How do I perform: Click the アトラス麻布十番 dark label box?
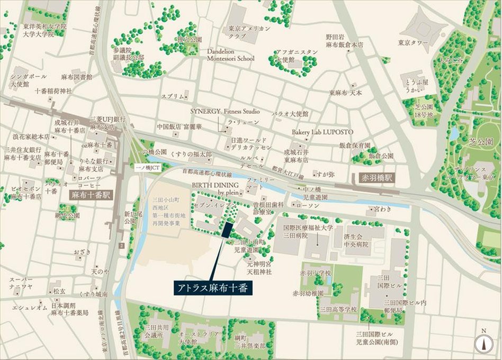point(212,289)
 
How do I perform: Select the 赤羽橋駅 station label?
point(374,177)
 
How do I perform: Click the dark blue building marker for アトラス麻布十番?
point(227,229)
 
